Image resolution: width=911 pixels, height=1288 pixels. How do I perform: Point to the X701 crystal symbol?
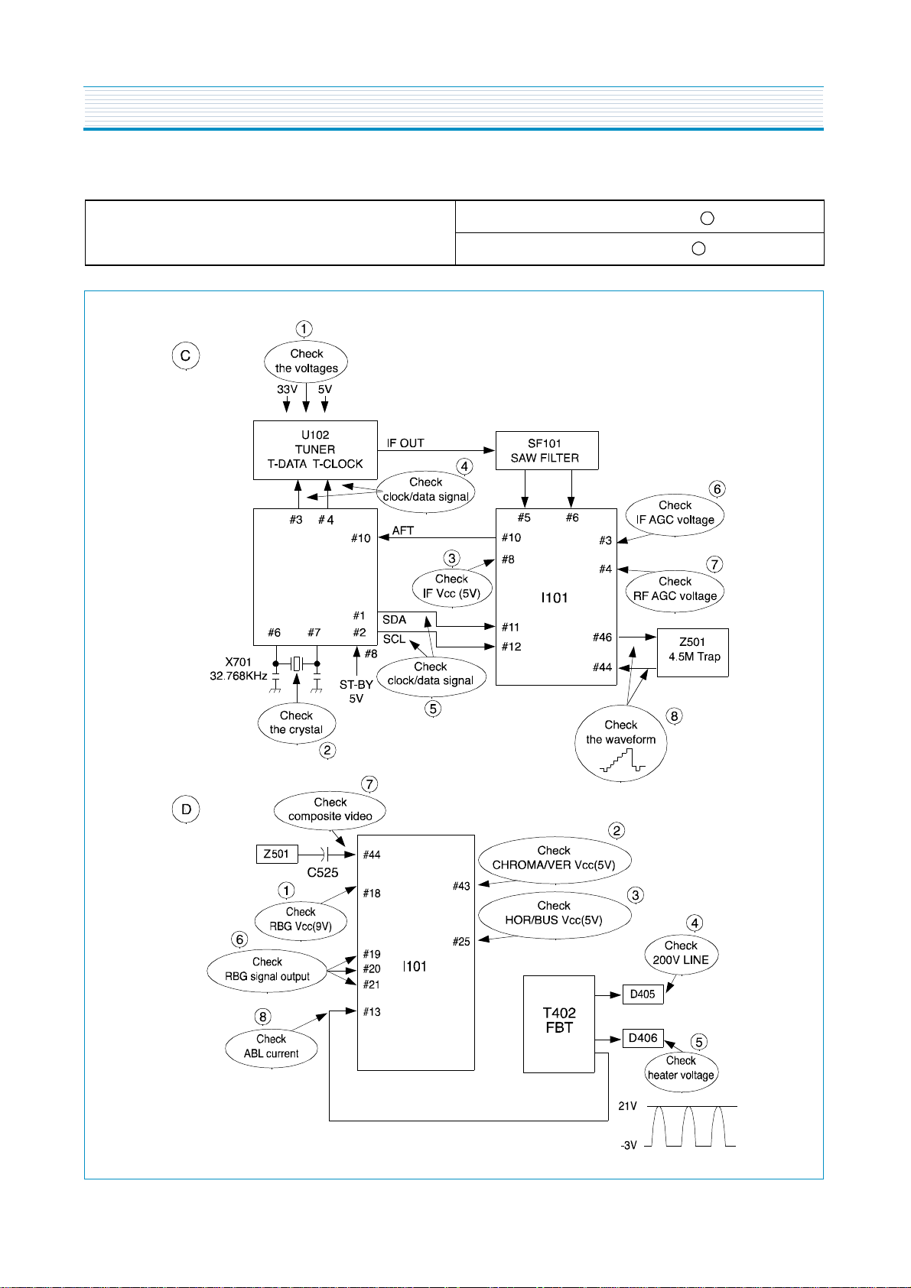[296, 663]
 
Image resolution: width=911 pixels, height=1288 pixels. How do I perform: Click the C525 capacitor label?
[322, 873]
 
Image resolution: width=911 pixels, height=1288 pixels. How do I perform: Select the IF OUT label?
[405, 443]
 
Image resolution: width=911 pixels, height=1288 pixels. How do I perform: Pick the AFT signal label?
[403, 530]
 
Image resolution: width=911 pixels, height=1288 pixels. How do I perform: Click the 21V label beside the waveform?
[627, 1106]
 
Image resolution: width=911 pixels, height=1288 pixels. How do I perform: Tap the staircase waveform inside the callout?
[622, 760]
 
